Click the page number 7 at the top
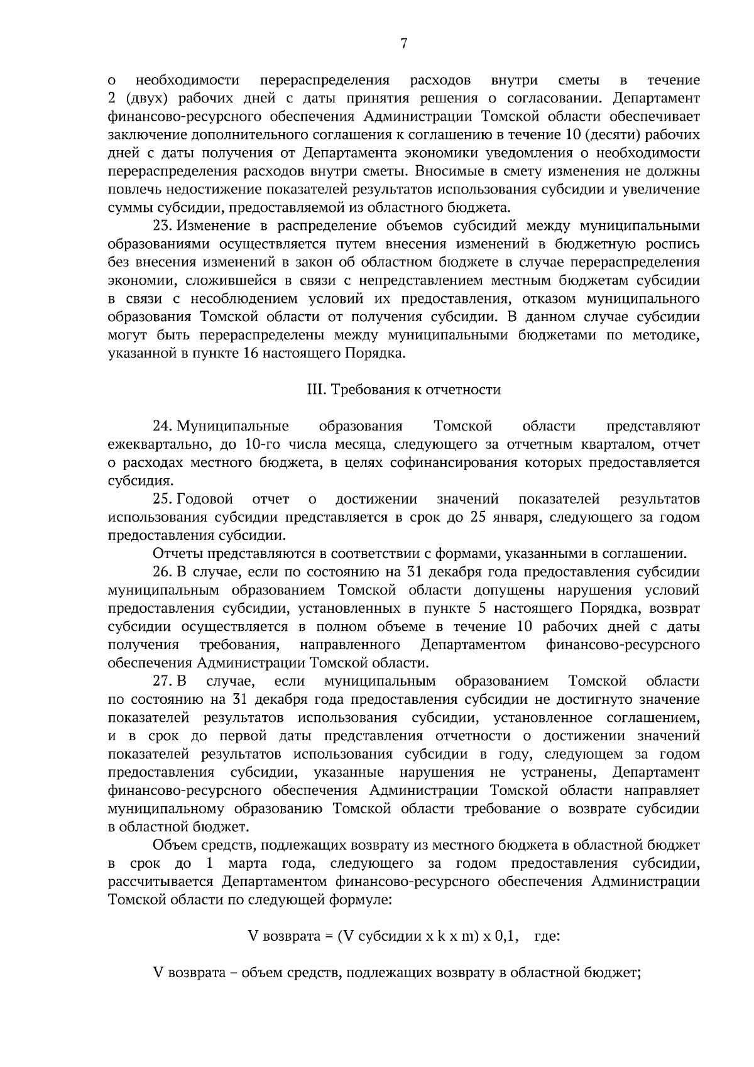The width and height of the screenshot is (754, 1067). click(x=404, y=43)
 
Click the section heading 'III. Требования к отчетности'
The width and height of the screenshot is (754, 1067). click(x=403, y=390)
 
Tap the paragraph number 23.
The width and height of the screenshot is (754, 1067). click(x=163, y=226)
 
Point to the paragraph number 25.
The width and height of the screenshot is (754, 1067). click(x=163, y=500)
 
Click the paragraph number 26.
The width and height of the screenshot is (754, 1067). click(x=163, y=572)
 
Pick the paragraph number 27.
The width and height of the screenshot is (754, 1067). click(x=163, y=682)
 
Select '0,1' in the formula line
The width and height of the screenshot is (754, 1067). click(x=507, y=937)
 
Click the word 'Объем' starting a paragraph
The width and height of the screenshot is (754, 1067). click(x=172, y=845)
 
